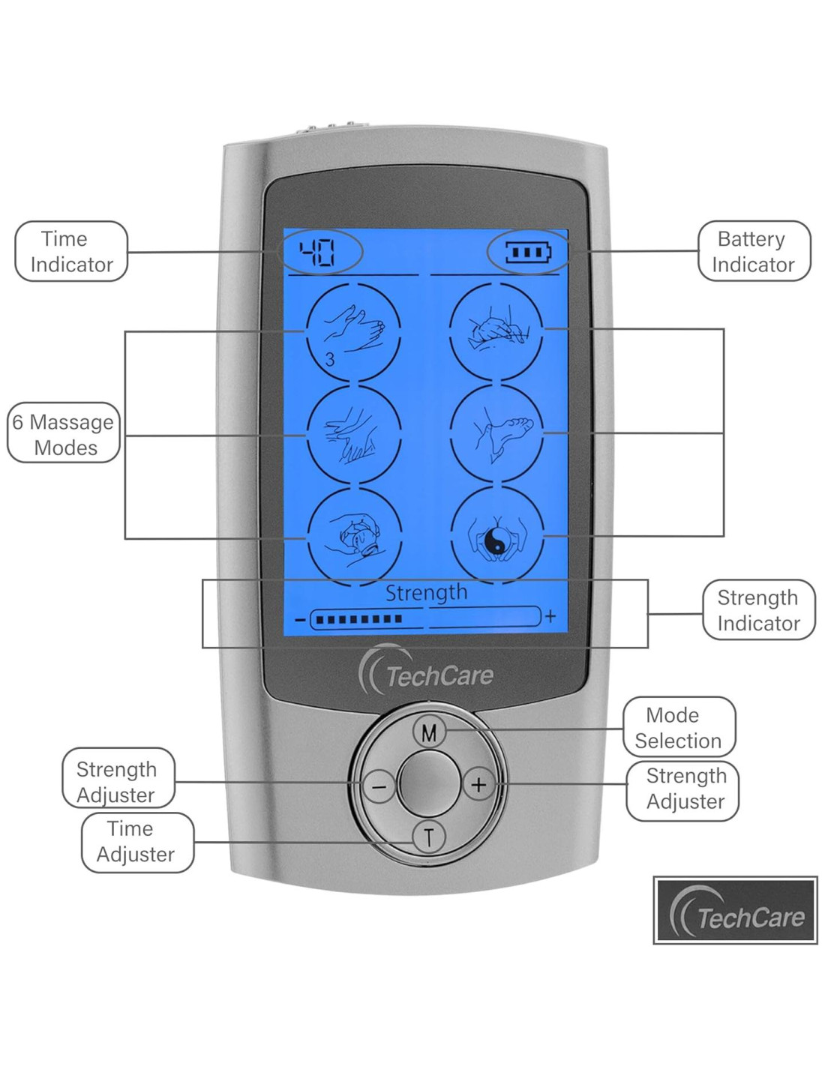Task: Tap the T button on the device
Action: tap(429, 837)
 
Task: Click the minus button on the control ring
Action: tap(379, 786)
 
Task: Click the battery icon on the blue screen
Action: tap(527, 252)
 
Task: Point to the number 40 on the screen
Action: tap(317, 253)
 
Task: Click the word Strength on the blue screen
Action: tap(426, 593)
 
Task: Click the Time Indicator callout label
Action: tap(71, 251)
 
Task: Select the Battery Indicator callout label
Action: tap(754, 251)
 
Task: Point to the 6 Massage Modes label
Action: tap(64, 435)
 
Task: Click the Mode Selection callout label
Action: tap(679, 727)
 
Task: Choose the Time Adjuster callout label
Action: tap(136, 841)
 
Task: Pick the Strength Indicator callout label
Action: tap(758, 610)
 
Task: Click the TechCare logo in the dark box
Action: tap(735, 910)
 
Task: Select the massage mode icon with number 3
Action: tap(353, 331)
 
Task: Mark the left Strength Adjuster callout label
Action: tap(118, 782)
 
